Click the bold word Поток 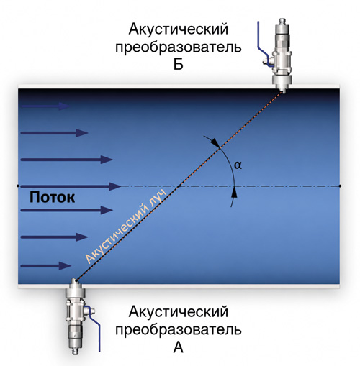[52, 197]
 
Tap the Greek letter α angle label [238, 165]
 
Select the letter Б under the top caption [179, 64]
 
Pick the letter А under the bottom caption [178, 347]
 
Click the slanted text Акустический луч [125, 227]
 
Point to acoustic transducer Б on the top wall [282, 56]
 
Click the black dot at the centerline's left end [18, 186]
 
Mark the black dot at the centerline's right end [340, 186]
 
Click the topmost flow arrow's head [64, 106]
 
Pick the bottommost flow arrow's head [66, 265]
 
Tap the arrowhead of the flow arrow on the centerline [114, 186]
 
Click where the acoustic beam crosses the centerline [178, 186]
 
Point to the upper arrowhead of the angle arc [215, 143]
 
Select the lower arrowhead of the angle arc [235, 193]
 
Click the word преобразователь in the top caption [179, 47]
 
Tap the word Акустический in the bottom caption [179, 312]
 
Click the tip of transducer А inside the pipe [76, 280]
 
